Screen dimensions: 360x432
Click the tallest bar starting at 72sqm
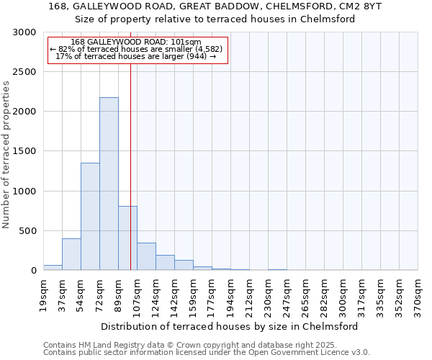(109, 184)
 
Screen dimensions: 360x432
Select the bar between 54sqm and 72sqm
(90, 216)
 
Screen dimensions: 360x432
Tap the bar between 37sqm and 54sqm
(71, 254)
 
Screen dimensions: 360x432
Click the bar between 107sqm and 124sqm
(146, 256)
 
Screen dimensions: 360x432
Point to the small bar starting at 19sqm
(53, 267)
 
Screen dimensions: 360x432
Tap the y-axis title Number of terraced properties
(6, 155)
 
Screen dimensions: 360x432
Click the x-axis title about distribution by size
(230, 326)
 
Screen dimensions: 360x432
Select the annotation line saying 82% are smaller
(136, 49)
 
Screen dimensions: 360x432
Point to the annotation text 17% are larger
(136, 56)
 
